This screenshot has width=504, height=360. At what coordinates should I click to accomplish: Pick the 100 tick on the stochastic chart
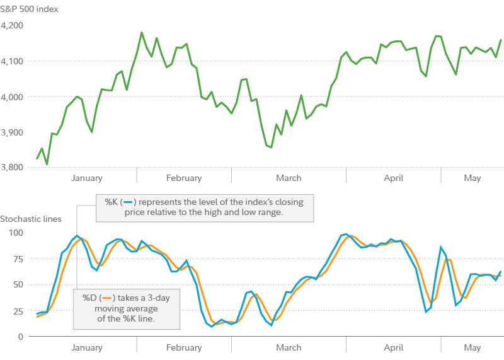coord(15,233)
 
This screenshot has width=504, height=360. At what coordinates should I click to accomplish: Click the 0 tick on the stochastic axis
coord(20,336)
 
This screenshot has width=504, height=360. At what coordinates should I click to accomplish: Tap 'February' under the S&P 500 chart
coord(184,178)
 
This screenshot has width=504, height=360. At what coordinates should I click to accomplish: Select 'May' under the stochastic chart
coord(472,347)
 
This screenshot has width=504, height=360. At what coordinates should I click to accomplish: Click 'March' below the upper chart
coord(289,178)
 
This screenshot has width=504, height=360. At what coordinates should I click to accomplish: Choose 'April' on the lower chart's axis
coord(394,347)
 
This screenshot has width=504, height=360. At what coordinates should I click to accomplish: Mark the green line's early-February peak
coord(141,32)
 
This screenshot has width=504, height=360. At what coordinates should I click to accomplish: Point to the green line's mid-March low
coord(270,148)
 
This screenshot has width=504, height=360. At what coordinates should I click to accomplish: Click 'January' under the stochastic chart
coord(87,347)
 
